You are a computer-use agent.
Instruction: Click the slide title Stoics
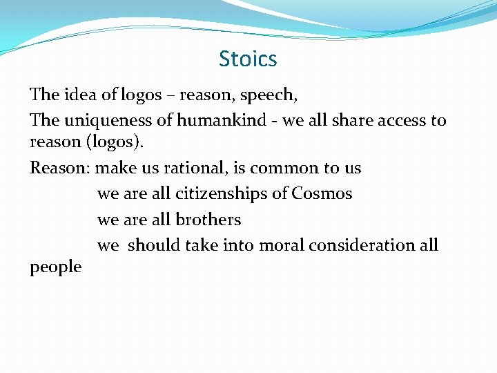pyautogui.click(x=248, y=59)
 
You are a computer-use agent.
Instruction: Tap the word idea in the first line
pyautogui.click(x=81, y=94)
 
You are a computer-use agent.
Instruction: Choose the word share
pyautogui.click(x=354, y=120)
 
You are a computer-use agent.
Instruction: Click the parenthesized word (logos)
pyautogui.click(x=97, y=142)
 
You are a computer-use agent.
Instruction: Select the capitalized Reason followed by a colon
pyautogui.click(x=60, y=168)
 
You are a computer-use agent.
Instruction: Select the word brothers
pyautogui.click(x=208, y=220)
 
